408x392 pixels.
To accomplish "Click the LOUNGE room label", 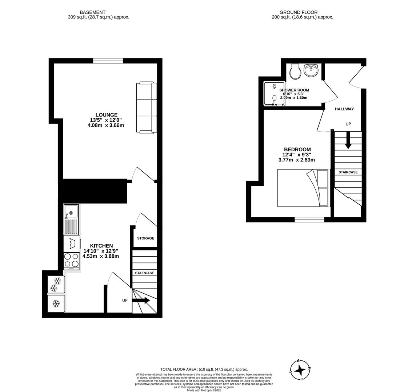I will (106, 115).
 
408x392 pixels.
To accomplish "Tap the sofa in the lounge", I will (147, 107).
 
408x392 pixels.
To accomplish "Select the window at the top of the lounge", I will (108, 61).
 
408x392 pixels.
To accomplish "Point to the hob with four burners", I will (71, 260).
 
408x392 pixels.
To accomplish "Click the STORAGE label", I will (145, 238).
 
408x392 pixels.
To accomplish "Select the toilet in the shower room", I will (295, 72).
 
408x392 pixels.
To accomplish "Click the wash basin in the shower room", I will (311, 70).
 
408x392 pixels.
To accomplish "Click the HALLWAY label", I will (344, 109).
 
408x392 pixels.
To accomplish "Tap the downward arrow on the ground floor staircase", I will (348, 140).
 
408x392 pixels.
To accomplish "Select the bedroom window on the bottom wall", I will (309, 219).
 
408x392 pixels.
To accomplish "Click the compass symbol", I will (300, 370).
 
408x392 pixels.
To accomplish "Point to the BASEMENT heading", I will (93, 12).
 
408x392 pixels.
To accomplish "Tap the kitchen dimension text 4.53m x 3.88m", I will (101, 256).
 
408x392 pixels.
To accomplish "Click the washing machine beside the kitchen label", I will (72, 244).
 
